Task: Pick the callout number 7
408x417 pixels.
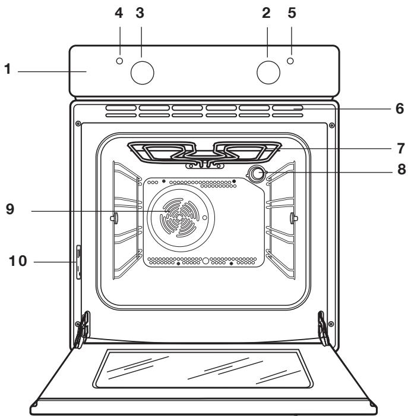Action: [x=399, y=146]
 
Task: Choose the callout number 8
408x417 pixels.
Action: [x=399, y=169]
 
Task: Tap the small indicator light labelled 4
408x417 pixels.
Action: [x=120, y=61]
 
